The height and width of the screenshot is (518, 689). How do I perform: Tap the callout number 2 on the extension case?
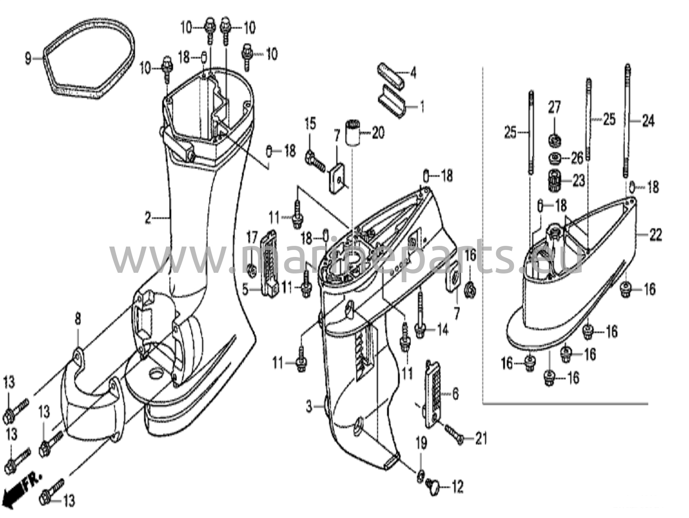click(148, 219)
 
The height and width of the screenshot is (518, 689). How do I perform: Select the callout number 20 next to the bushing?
click(378, 133)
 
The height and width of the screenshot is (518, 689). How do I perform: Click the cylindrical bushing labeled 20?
click(352, 133)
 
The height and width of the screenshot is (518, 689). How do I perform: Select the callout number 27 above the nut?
click(554, 108)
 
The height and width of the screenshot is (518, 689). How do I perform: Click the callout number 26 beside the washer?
click(577, 158)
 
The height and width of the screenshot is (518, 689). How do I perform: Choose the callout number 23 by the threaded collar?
click(579, 181)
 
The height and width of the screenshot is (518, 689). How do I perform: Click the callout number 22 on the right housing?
click(655, 235)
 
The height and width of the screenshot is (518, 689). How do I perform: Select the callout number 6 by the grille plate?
click(456, 394)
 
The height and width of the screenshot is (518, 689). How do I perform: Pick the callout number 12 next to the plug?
click(457, 487)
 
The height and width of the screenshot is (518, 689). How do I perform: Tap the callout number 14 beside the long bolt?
click(443, 330)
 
